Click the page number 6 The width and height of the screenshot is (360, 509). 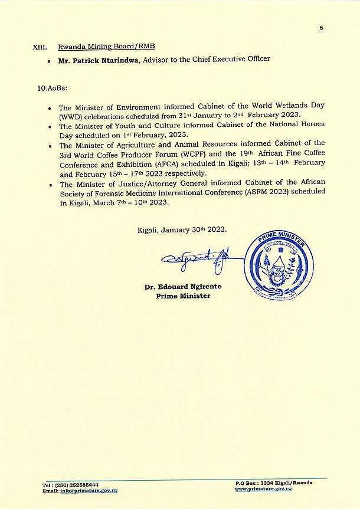(x=322, y=28)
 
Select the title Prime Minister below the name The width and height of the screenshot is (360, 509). (x=183, y=296)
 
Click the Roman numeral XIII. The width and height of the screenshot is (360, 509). (x=41, y=47)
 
